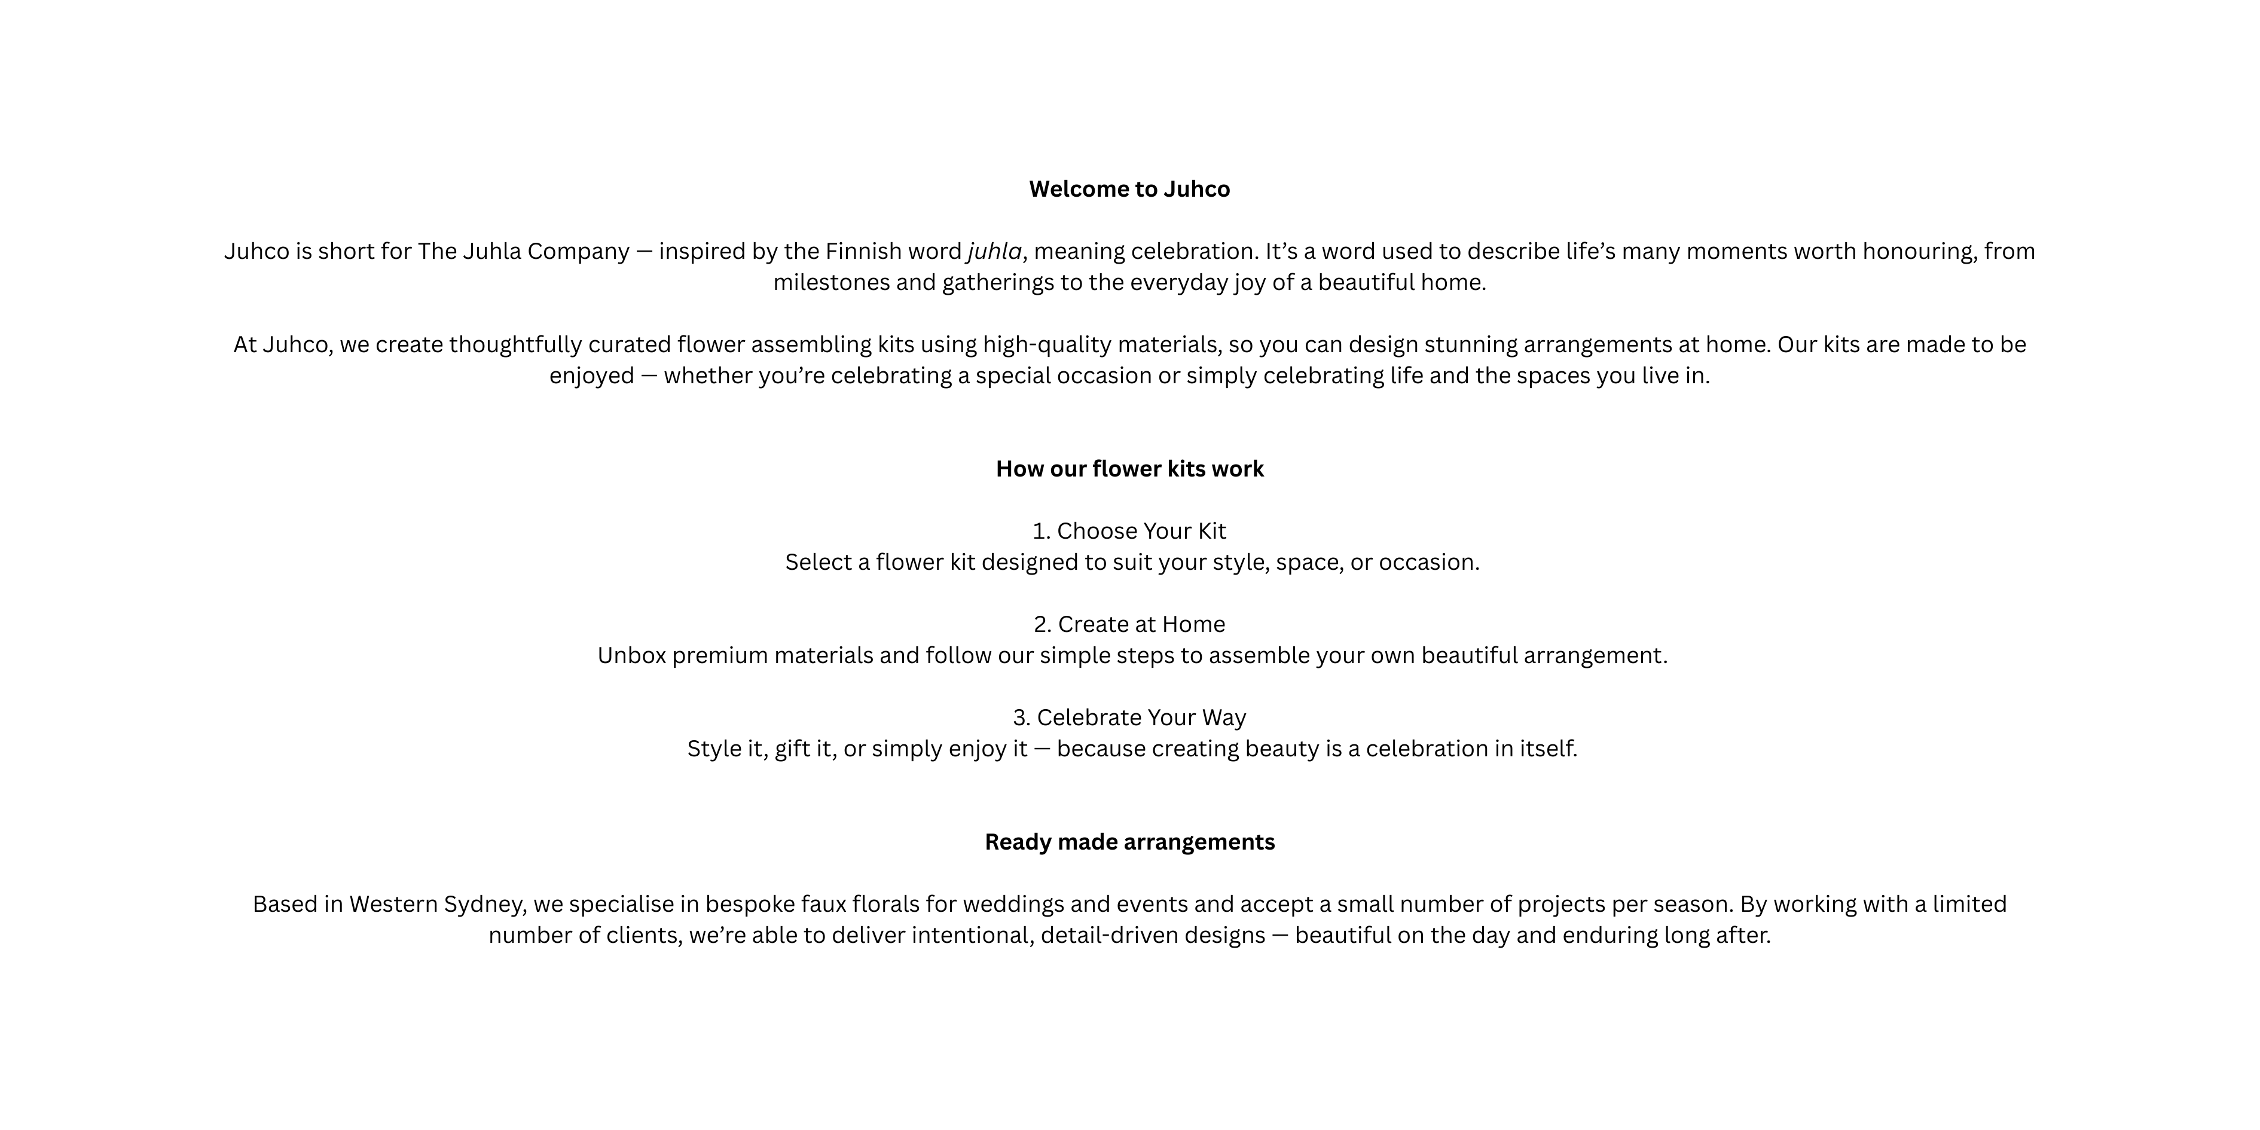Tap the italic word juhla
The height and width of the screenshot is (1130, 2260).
click(994, 252)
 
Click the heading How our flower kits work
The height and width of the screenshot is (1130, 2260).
click(1129, 469)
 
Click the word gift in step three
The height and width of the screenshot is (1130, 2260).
click(792, 749)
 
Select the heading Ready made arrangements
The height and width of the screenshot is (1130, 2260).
click(1129, 842)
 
